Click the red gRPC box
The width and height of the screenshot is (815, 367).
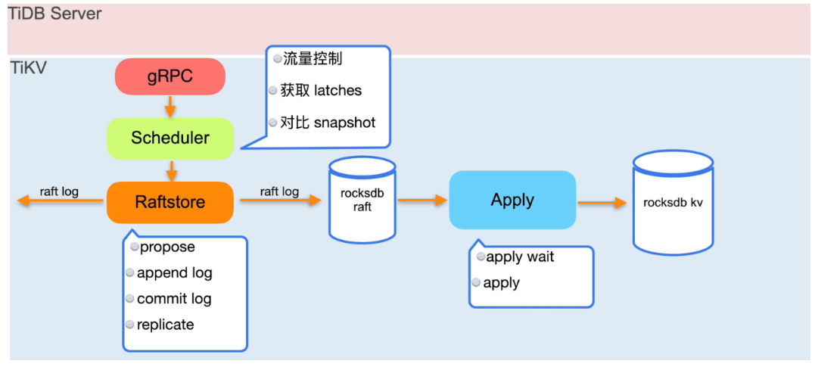point(170,76)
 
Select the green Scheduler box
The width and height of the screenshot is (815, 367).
point(170,138)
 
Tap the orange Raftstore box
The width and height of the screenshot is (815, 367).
point(170,202)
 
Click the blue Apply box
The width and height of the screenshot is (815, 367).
point(512,200)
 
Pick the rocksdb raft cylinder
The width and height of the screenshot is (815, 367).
point(362,201)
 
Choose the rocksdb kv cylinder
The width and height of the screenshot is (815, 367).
point(673,203)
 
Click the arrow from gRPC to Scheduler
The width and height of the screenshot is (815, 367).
point(170,106)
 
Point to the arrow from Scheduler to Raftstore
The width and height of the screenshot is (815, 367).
point(172,170)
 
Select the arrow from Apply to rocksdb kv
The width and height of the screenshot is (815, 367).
point(602,203)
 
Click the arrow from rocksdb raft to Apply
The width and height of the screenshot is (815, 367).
point(422,201)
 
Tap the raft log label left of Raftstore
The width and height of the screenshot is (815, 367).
point(59,191)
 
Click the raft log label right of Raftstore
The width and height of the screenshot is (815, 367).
point(279,191)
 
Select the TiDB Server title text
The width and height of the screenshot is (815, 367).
point(55,14)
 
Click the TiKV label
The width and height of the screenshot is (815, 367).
point(29,67)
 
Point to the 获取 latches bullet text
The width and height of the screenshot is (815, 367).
point(321,91)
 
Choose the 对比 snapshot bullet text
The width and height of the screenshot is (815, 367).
point(327,123)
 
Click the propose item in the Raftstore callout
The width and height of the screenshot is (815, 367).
point(167,247)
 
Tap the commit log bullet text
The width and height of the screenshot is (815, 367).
point(174,299)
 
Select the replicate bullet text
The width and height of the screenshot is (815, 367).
point(165,325)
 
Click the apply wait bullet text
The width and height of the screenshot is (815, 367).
point(520,257)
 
